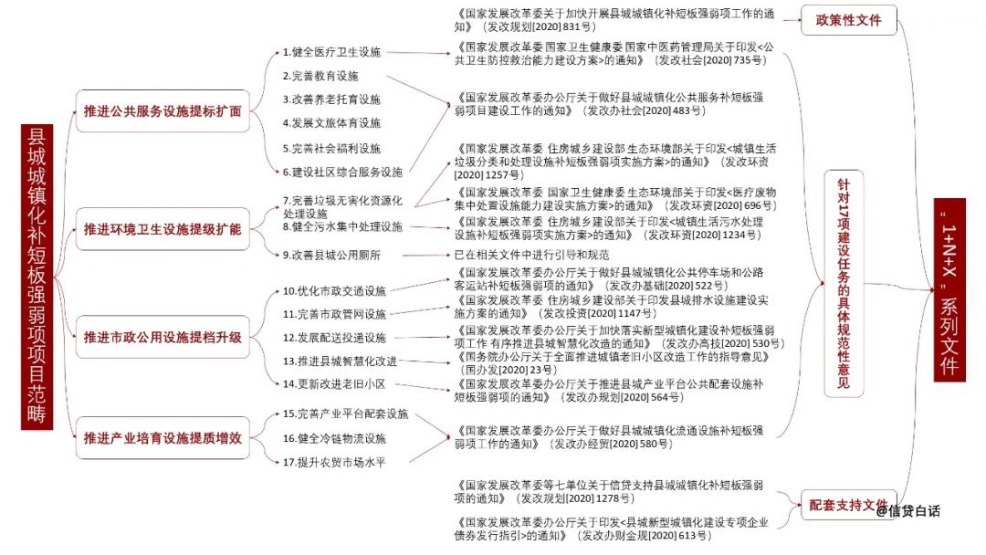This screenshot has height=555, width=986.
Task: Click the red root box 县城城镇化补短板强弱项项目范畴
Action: point(37,277)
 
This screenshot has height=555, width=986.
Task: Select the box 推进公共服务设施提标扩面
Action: point(163,111)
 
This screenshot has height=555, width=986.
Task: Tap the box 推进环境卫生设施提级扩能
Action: point(163,229)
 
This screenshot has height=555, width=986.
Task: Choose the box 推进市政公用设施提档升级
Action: point(163,338)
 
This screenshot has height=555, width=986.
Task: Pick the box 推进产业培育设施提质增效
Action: point(163,438)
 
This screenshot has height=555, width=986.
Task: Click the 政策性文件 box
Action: point(848,20)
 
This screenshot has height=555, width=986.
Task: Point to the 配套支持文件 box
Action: point(848,506)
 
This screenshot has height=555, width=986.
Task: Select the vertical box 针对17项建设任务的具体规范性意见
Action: point(844,284)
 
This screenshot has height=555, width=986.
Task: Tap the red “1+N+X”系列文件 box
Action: point(949,289)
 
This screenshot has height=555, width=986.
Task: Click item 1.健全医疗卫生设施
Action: point(331,52)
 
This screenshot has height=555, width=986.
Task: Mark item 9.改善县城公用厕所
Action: point(331,256)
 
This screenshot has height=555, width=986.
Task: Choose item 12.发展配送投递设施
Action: point(334,338)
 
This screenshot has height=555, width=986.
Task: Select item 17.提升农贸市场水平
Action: point(334,463)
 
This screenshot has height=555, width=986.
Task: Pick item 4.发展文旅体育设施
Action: point(331,123)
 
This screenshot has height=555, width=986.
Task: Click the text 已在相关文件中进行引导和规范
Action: point(531,256)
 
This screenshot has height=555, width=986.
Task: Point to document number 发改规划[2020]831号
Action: point(539,27)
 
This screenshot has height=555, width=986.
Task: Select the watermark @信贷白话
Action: point(907,511)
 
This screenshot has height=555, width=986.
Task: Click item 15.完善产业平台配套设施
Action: point(345,414)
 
